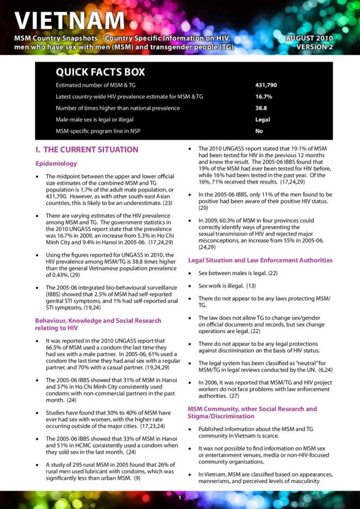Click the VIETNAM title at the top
70,20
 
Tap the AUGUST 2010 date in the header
309,38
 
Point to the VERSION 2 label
315,47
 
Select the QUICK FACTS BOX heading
100,73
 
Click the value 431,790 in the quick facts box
266,86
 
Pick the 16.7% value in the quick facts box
263,97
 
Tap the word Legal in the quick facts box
263,120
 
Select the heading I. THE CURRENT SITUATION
86,149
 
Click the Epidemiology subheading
56,163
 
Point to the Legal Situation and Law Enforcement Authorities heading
260,260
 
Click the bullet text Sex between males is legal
233,273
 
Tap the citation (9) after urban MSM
138,478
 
